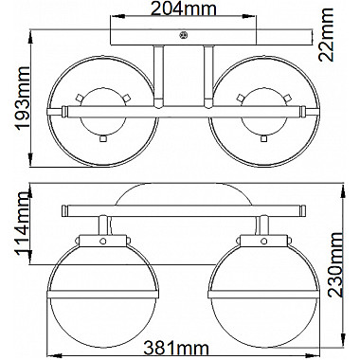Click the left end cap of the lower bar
pos(63,208)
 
